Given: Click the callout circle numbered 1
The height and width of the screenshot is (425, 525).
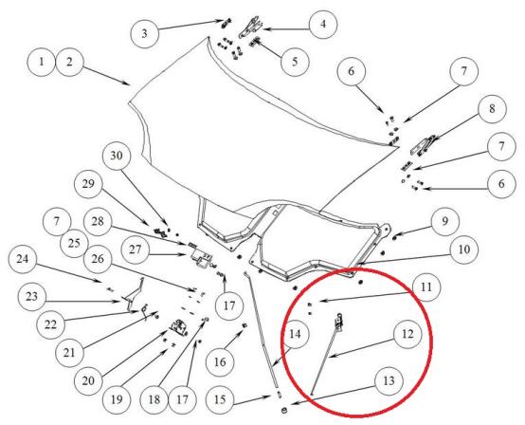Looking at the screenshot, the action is point(41,63).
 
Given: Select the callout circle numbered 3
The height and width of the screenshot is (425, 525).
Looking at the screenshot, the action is point(144,34).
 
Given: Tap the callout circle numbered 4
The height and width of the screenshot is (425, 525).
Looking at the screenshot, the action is point(323,25).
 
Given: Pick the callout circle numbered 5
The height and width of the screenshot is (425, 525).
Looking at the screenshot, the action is point(295,62).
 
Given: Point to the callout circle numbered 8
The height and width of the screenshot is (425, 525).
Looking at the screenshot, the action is point(492,109).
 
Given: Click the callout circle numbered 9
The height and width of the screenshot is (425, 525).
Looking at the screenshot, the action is point(444,222).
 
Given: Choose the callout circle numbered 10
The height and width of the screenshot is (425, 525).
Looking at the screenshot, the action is point(463,249).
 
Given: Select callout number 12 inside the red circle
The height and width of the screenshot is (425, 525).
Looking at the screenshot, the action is point(407,334).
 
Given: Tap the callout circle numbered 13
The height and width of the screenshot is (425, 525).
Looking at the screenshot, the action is point(389,381).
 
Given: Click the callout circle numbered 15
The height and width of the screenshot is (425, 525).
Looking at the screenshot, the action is point(220,400).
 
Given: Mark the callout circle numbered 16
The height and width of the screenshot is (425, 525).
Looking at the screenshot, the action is point(220,362).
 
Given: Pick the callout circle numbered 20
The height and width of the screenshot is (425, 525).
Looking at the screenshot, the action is point(88,381).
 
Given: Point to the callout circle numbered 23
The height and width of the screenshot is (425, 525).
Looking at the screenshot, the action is point(32,297).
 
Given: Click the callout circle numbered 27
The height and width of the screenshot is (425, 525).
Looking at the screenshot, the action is point(135,250).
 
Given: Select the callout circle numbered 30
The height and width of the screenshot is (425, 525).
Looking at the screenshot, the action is point(117,156).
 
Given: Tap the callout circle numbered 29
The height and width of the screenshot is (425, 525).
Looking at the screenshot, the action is point(88,184).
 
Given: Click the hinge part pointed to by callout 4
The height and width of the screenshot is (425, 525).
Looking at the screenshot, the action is point(251,27).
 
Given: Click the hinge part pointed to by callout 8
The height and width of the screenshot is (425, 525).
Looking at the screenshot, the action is point(424,144).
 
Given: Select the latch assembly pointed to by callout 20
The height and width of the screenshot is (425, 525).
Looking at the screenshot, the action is point(178,327).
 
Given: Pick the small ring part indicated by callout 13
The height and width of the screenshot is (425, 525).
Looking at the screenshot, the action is point(284,410).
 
